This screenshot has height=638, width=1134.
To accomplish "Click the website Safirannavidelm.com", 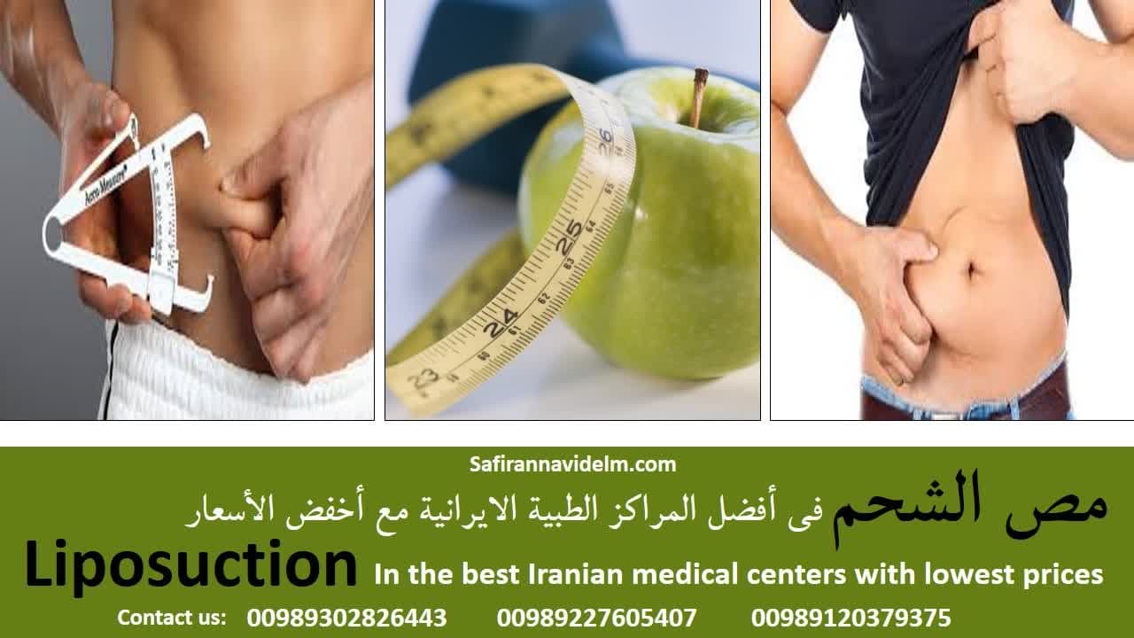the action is pyautogui.click(x=572, y=464).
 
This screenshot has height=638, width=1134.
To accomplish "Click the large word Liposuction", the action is pyautogui.click(x=190, y=566).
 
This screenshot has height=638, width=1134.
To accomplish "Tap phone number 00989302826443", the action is pyautogui.click(x=346, y=618).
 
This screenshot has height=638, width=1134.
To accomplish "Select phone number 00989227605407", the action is pyautogui.click(x=597, y=618).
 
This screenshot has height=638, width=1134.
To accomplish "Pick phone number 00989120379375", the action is pyautogui.click(x=851, y=618).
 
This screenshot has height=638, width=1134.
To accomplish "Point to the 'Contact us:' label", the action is pyautogui.click(x=172, y=618).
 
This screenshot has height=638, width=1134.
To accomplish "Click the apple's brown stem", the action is pyautogui.click(x=699, y=97).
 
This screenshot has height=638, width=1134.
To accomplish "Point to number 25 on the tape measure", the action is pyautogui.click(x=570, y=237).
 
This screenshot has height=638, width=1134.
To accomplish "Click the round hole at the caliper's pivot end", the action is pyautogui.click(x=52, y=234).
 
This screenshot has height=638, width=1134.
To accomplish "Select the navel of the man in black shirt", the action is pyautogui.click(x=972, y=270).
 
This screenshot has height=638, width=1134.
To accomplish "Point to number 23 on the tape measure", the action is pyautogui.click(x=423, y=378).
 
